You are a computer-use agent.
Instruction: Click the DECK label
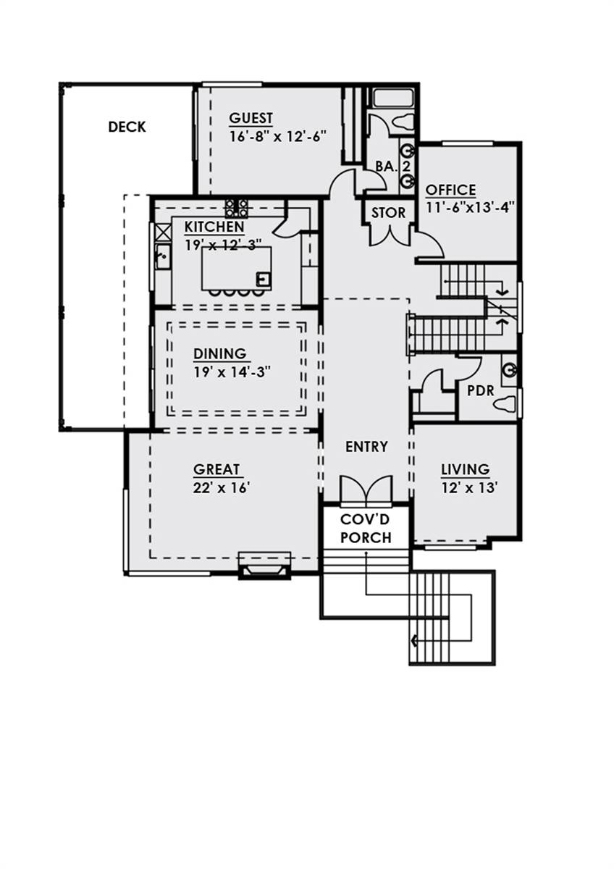coord(127,127)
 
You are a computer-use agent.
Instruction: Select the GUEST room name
coord(251,118)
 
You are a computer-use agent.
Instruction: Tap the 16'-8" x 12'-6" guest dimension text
coord(269,135)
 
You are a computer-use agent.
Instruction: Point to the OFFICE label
coord(450,190)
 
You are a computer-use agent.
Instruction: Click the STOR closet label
coord(389,213)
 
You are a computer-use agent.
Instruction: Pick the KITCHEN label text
coord(213,226)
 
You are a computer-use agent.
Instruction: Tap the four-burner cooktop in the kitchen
coord(236,208)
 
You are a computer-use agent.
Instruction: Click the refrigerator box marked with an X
coord(162,232)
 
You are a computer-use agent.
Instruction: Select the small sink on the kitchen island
coord(264,277)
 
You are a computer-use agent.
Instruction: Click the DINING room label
coord(219,353)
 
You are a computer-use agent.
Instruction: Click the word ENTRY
coord(366,447)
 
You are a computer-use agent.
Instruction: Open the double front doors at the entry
coord(366,490)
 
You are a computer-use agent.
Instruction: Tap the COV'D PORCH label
coord(366,529)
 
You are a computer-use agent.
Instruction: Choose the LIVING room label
coord(465,470)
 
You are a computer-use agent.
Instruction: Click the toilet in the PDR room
coord(506,404)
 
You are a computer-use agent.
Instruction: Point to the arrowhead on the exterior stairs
coord(413,639)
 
